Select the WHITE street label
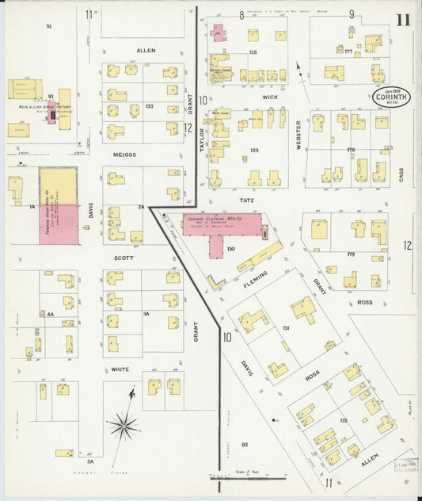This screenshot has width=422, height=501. click(120, 369)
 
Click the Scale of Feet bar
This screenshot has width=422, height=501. click(248, 478)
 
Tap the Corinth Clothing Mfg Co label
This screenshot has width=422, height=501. click(221, 221)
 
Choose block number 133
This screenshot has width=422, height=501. click(149, 105)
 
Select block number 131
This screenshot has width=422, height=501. click(287, 328)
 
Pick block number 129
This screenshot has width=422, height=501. click(254, 150)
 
